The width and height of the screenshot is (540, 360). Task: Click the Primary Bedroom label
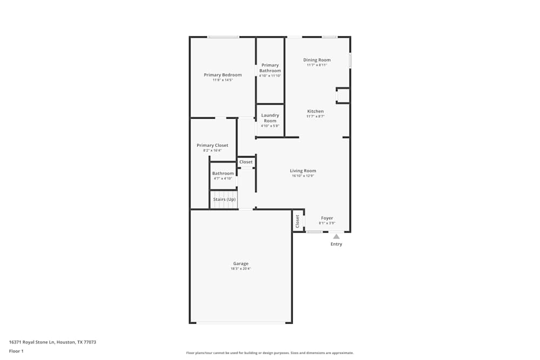pos(222,75)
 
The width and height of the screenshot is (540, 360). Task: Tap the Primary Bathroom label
pos(270,68)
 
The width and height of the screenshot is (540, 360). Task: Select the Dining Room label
pos(317,60)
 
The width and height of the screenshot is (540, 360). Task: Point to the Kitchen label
pos(315,111)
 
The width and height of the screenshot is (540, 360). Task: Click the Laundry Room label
pos(270,118)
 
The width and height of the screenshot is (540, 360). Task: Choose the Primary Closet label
pos(212,145)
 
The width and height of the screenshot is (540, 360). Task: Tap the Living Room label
pos(303,171)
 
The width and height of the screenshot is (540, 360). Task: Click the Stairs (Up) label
pos(224,200)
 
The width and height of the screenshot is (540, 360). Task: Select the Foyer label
pos(327,218)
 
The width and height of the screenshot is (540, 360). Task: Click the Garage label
pos(241,263)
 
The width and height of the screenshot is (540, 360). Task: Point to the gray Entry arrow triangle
pos(336,236)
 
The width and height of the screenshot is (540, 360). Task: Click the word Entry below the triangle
pos(336,244)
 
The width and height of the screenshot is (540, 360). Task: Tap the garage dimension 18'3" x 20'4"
pos(241,269)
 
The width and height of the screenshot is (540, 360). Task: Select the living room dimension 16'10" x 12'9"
pos(303,175)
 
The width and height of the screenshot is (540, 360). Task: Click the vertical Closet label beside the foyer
pos(298,221)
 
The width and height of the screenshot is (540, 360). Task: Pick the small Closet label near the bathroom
pos(246,162)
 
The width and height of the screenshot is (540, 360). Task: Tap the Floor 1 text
pos(16,351)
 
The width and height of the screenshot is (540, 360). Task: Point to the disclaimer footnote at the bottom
pos(270,353)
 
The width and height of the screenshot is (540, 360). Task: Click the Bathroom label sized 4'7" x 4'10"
pos(223,173)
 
